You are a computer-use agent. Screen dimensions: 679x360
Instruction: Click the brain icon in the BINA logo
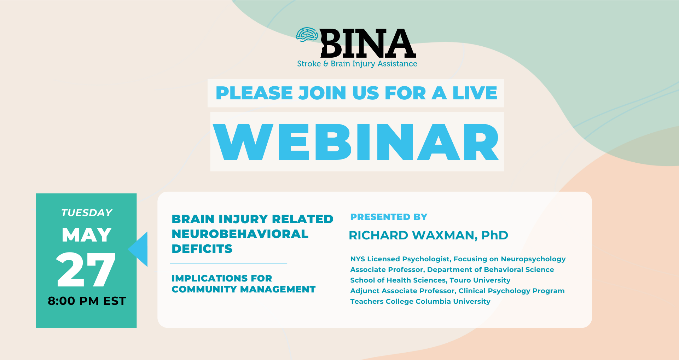coord(307,35)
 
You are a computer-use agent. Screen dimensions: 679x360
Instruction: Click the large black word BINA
coord(368,43)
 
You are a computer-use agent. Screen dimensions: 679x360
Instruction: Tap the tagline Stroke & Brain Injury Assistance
coord(357,64)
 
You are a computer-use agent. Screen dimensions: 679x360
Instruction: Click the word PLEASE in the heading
coord(254,93)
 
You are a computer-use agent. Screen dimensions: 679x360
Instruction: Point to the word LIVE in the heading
coord(475,93)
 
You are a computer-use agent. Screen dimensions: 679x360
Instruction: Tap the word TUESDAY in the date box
coord(87,213)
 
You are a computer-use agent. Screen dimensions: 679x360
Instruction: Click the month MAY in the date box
coord(87,235)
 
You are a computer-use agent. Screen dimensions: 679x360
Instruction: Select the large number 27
coord(86,269)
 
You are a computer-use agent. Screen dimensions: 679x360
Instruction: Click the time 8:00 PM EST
coord(87,301)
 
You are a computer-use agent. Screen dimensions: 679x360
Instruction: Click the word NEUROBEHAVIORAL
coord(240,234)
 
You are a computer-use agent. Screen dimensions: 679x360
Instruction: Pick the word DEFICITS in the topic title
coord(202,249)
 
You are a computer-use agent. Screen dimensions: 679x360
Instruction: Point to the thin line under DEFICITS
coord(228,263)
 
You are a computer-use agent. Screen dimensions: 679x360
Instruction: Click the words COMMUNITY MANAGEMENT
coord(244,289)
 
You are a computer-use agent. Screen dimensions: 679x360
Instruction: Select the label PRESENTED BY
coord(389,217)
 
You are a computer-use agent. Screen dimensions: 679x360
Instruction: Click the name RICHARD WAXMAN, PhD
coord(428,236)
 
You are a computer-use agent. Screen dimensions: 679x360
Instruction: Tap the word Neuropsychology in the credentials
coord(533,259)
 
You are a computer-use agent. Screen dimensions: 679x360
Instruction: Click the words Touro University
coord(480,280)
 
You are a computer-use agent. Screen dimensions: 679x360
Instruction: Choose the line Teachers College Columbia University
coord(420,302)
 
